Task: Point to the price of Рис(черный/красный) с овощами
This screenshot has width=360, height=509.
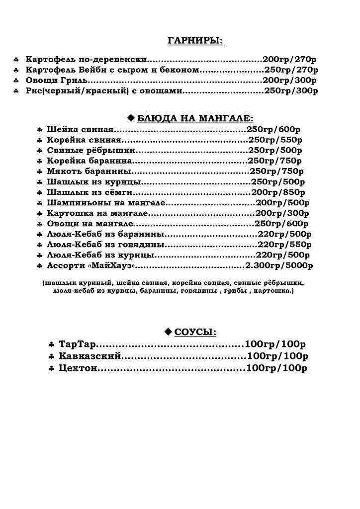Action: (x=291, y=91)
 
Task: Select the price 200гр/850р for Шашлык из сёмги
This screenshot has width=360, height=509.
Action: (x=278, y=192)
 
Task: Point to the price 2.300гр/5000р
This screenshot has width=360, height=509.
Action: (x=279, y=266)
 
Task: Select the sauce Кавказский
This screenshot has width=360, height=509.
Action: (x=90, y=356)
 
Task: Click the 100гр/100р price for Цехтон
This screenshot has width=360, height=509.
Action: (x=276, y=368)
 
